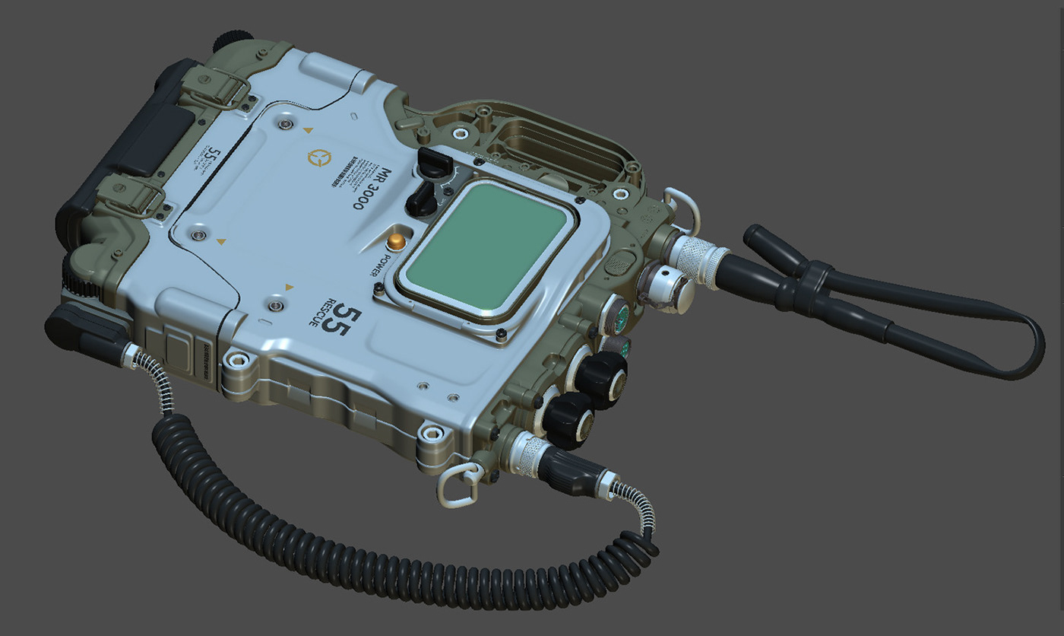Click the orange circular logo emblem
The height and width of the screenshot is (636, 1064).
coord(319,157)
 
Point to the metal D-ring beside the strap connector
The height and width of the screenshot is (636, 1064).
coord(680,209)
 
